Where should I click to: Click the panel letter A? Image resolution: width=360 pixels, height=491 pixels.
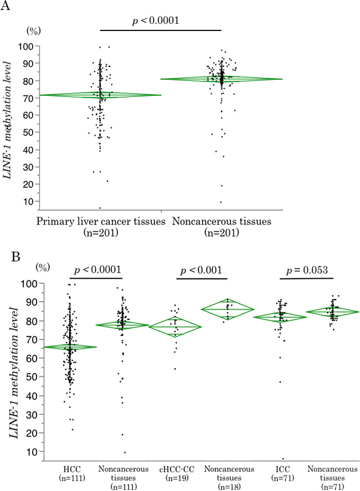[x=7, y=7]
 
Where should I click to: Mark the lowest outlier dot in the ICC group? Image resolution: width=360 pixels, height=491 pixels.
[x=284, y=459]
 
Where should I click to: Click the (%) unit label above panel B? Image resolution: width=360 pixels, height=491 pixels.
[x=43, y=267]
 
